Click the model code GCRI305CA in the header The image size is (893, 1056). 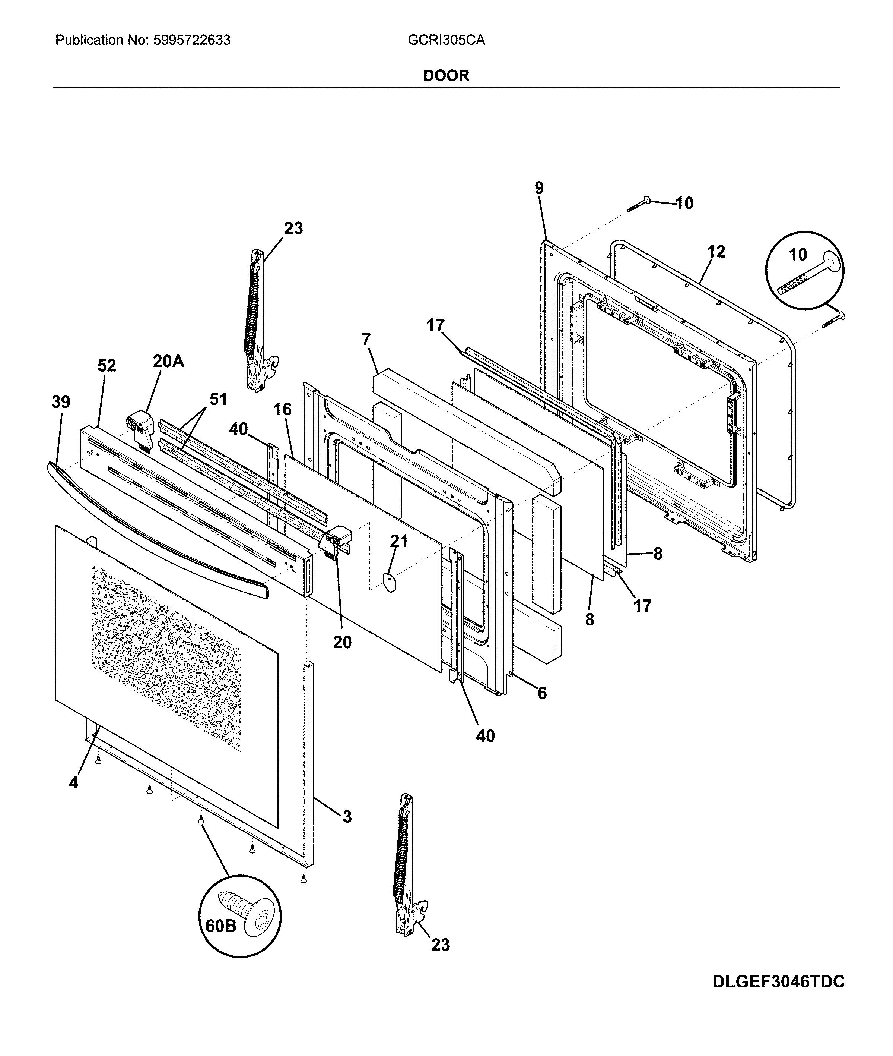(x=446, y=40)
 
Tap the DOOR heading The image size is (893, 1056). (x=446, y=76)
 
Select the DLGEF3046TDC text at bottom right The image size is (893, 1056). (x=778, y=996)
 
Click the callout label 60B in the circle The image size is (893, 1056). (x=221, y=926)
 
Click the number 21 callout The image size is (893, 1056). (x=398, y=541)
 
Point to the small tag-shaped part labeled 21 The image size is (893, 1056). (x=389, y=583)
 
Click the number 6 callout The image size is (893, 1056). (x=542, y=693)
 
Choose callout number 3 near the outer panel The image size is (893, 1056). (x=347, y=816)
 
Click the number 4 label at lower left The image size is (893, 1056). (x=74, y=783)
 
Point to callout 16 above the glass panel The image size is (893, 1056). (x=283, y=409)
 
